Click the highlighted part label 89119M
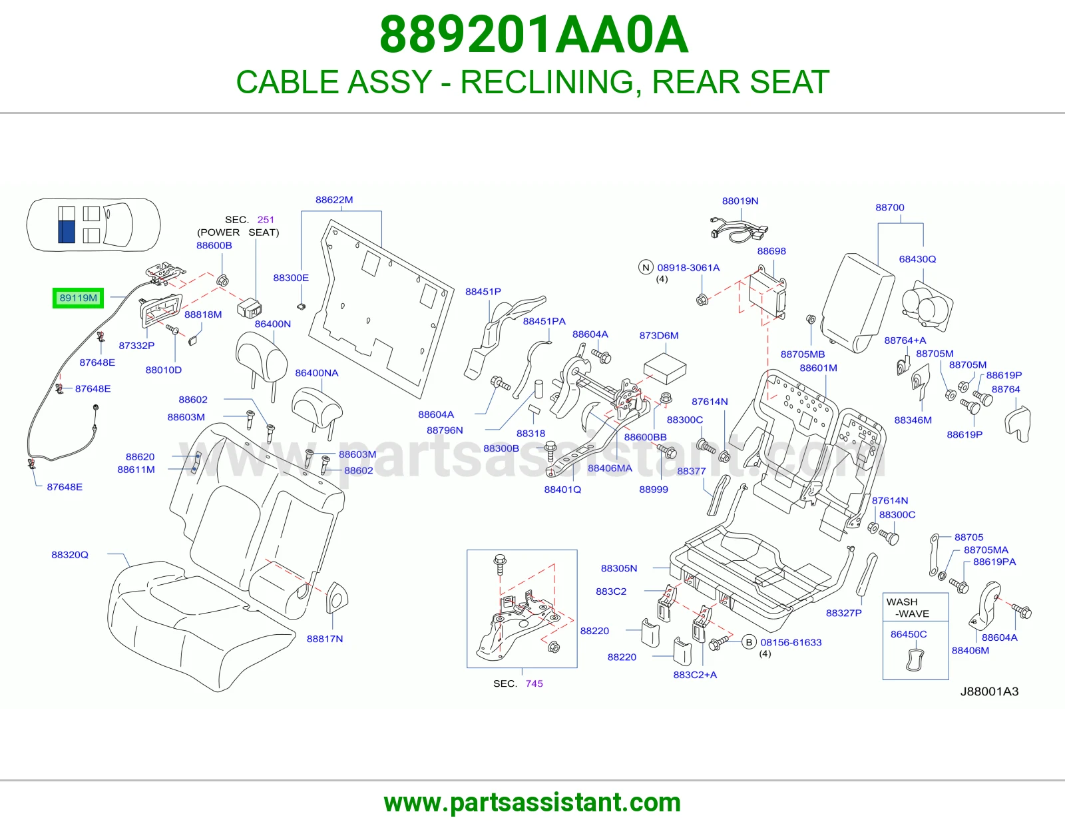pos(79,298)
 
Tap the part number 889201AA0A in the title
pos(534,35)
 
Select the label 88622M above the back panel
pos(333,200)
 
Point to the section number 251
pos(266,220)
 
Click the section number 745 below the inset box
pos(534,683)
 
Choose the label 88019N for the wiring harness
pos(740,201)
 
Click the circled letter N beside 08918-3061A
pos(646,267)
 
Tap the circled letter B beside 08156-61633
pos(749,642)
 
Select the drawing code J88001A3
pos(989,691)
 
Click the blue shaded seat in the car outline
pos(67,232)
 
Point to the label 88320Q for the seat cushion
pos(70,555)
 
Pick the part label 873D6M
pos(659,336)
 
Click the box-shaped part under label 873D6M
pos(664,368)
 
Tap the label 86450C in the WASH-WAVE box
pos(909,634)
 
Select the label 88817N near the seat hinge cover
pos(324,639)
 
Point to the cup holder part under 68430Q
pos(927,305)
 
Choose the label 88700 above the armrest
pos(890,207)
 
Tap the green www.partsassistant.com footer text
pos(532,803)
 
